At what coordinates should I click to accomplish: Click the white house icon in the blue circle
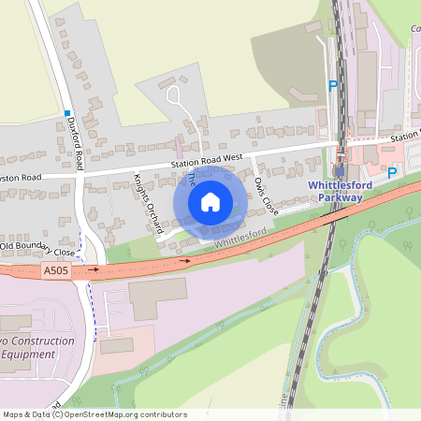coord(210,201)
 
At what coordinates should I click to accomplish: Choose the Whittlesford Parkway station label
coord(340,191)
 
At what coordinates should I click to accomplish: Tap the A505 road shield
coord(55,270)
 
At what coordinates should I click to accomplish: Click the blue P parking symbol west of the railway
coord(332,86)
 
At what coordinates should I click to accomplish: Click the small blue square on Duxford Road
coord(67,113)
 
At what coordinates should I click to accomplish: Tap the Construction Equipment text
coord(37,347)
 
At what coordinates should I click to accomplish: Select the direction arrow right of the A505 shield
coord(94,269)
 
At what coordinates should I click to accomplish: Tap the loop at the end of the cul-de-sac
coord(173,94)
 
